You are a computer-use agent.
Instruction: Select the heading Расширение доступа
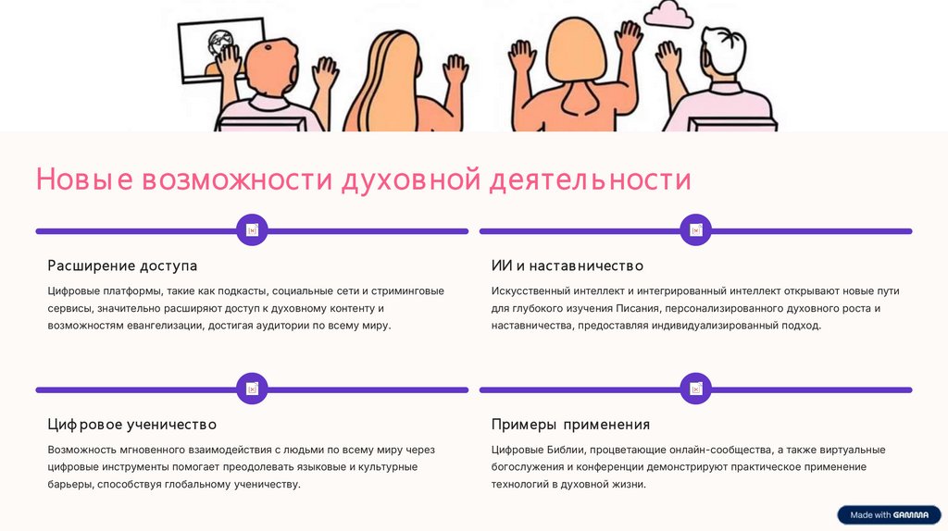tap(122, 265)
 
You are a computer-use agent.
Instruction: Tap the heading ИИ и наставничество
tap(567, 265)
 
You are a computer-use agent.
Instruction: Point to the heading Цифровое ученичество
tap(131, 425)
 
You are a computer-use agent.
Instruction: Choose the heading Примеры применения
tap(570, 425)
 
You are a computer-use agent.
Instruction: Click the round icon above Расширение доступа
tap(252, 230)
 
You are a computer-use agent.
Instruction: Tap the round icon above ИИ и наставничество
tap(695, 230)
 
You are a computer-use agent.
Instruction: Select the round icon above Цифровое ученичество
tap(252, 389)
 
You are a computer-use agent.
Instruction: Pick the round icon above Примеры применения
tap(695, 389)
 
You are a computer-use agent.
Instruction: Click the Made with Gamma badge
tap(889, 514)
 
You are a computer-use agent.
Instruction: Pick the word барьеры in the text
tap(69, 484)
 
